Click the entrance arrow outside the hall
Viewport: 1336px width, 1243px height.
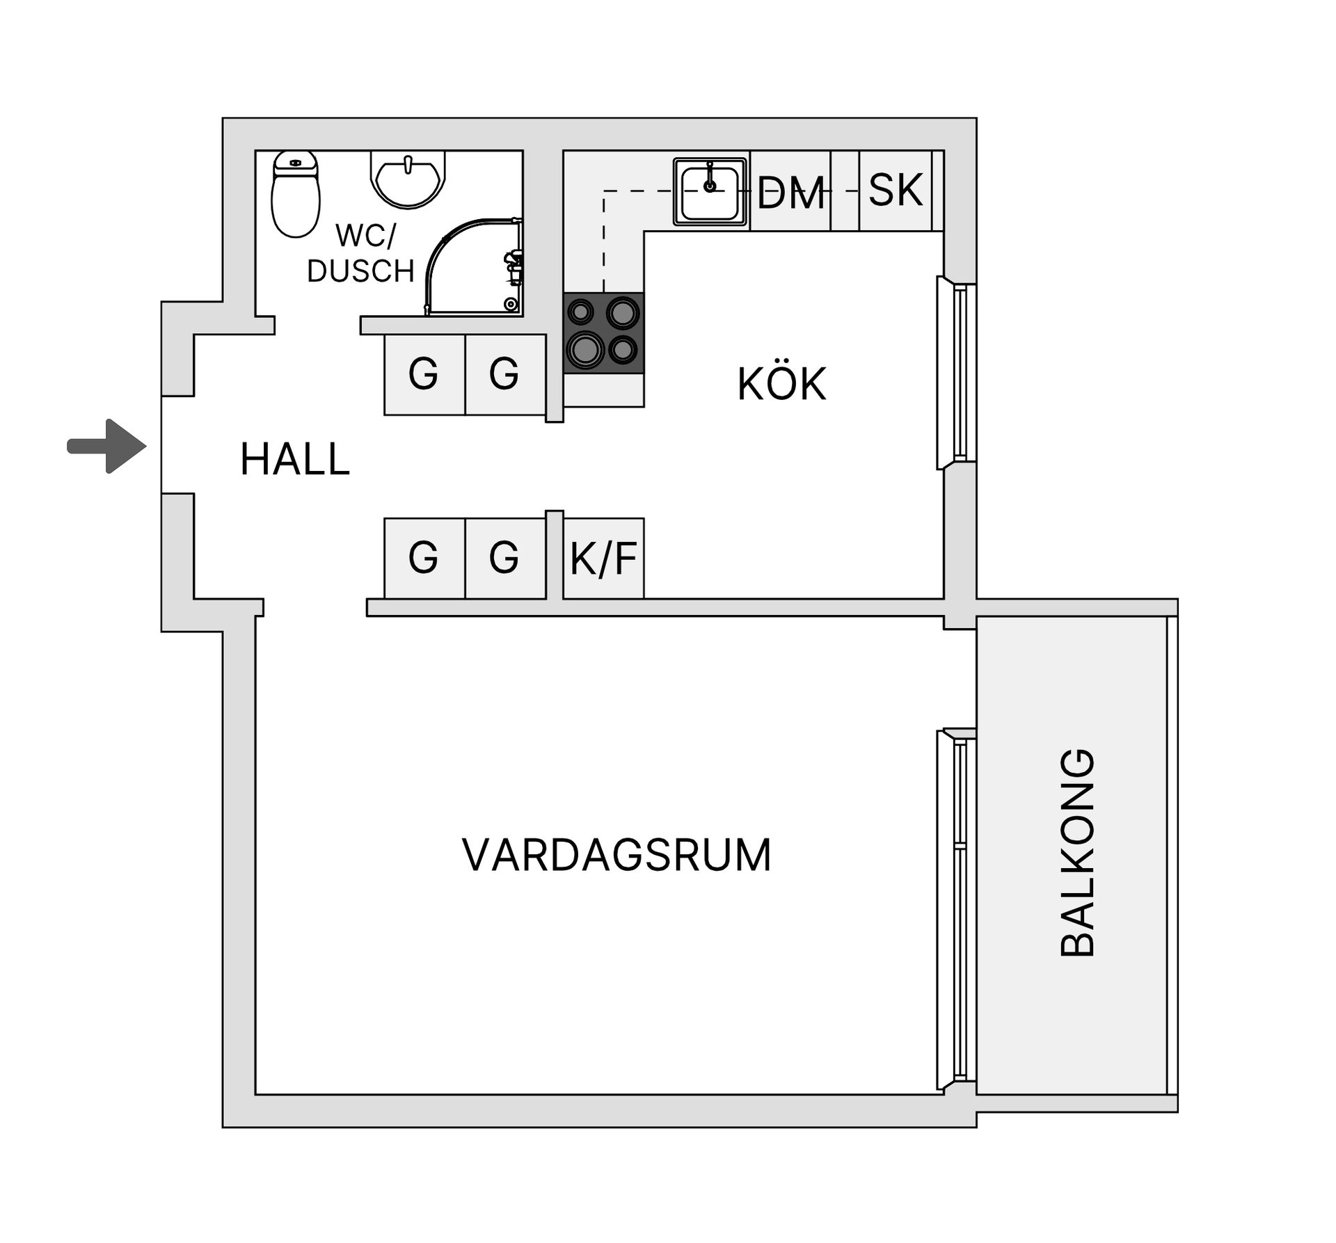tap(107, 446)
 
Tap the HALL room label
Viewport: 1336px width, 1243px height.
tap(294, 460)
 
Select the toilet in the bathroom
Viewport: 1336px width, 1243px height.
tap(295, 194)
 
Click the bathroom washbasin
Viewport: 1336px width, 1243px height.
tap(408, 179)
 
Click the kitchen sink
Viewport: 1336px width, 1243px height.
tap(710, 192)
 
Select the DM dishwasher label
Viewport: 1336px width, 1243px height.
tap(790, 192)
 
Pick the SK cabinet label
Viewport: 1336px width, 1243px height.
tap(896, 189)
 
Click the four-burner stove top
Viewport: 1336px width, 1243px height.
tap(603, 332)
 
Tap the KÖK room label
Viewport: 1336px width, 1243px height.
tap(781, 383)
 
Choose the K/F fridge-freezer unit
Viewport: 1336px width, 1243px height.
tap(603, 558)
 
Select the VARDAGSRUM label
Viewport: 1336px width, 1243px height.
tap(617, 855)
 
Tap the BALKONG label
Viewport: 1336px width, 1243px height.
tap(1077, 853)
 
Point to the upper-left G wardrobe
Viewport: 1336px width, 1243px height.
tap(424, 374)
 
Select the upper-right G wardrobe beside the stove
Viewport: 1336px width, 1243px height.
tap(504, 374)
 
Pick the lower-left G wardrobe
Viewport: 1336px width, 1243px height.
tap(424, 558)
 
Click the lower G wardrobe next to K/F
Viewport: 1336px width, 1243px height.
tap(504, 558)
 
